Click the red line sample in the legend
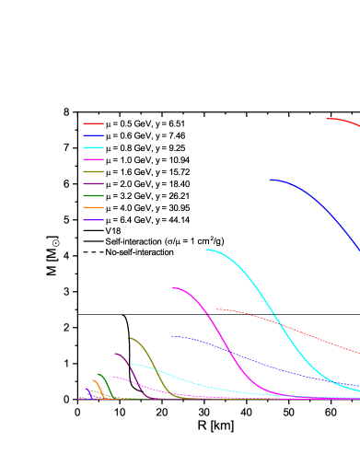click(93, 123)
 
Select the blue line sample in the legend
click(93, 135)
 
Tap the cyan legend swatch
click(93, 147)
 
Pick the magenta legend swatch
click(93, 159)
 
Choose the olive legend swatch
click(93, 171)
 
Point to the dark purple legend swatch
click(93, 183)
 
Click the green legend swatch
click(93, 195)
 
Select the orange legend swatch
click(93, 207)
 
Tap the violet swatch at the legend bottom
click(93, 219)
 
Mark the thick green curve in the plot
click(105, 381)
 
